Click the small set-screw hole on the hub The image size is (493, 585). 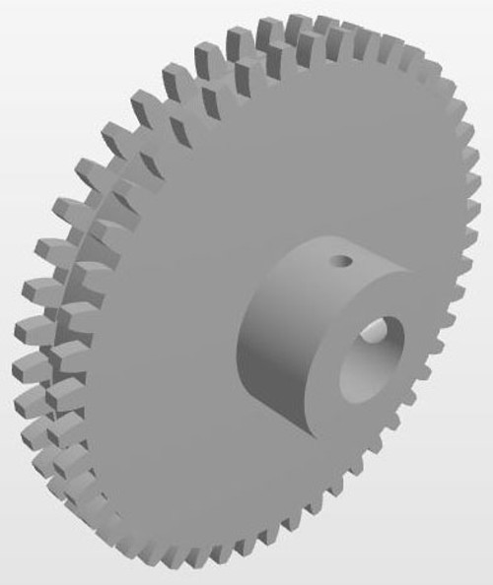pos(341,261)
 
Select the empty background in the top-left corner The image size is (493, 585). pos(30,30)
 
